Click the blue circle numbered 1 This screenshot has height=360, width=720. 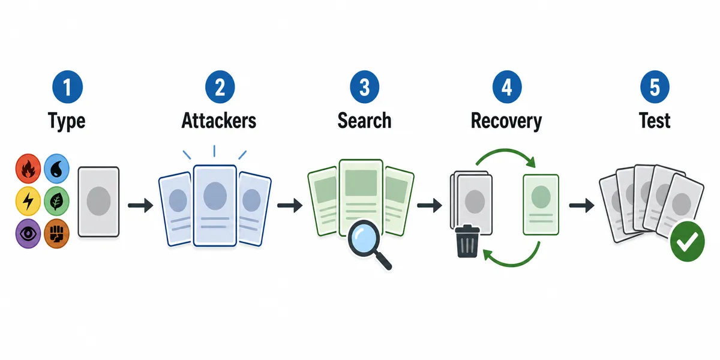tap(67, 87)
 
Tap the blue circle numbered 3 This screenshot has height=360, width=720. tap(365, 87)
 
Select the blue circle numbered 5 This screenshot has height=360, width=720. tap(655, 87)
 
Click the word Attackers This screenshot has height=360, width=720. tap(219, 121)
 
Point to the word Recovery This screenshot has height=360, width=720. tap(506, 121)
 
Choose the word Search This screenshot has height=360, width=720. tap(365, 121)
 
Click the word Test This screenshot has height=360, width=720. tap(655, 121)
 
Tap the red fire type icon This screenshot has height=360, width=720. tap(28, 169)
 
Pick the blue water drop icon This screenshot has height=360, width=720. tap(56, 169)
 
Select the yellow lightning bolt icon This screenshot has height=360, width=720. tap(28, 201)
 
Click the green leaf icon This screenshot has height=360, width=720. tap(56, 201)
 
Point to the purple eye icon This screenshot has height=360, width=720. tap(28, 233)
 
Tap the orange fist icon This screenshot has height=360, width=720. tap(56, 233)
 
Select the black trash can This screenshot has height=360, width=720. tap(467, 241)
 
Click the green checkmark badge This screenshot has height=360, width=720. tap(687, 241)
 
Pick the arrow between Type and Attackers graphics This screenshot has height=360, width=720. tap(140, 205)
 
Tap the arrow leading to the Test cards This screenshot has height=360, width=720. tap(582, 205)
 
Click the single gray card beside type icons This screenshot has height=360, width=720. tap(98, 202)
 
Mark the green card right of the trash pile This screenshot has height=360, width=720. tap(541, 205)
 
